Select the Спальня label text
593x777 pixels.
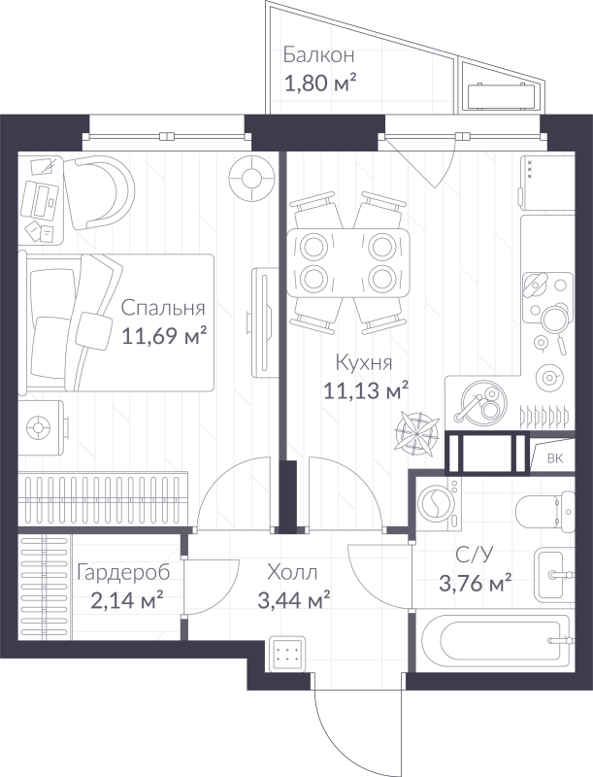pos(163,308)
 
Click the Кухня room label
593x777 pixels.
pos(363,363)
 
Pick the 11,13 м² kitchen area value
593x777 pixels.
pos(365,390)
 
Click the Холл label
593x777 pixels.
pos(296,572)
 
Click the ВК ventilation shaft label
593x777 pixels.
pos(554,457)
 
